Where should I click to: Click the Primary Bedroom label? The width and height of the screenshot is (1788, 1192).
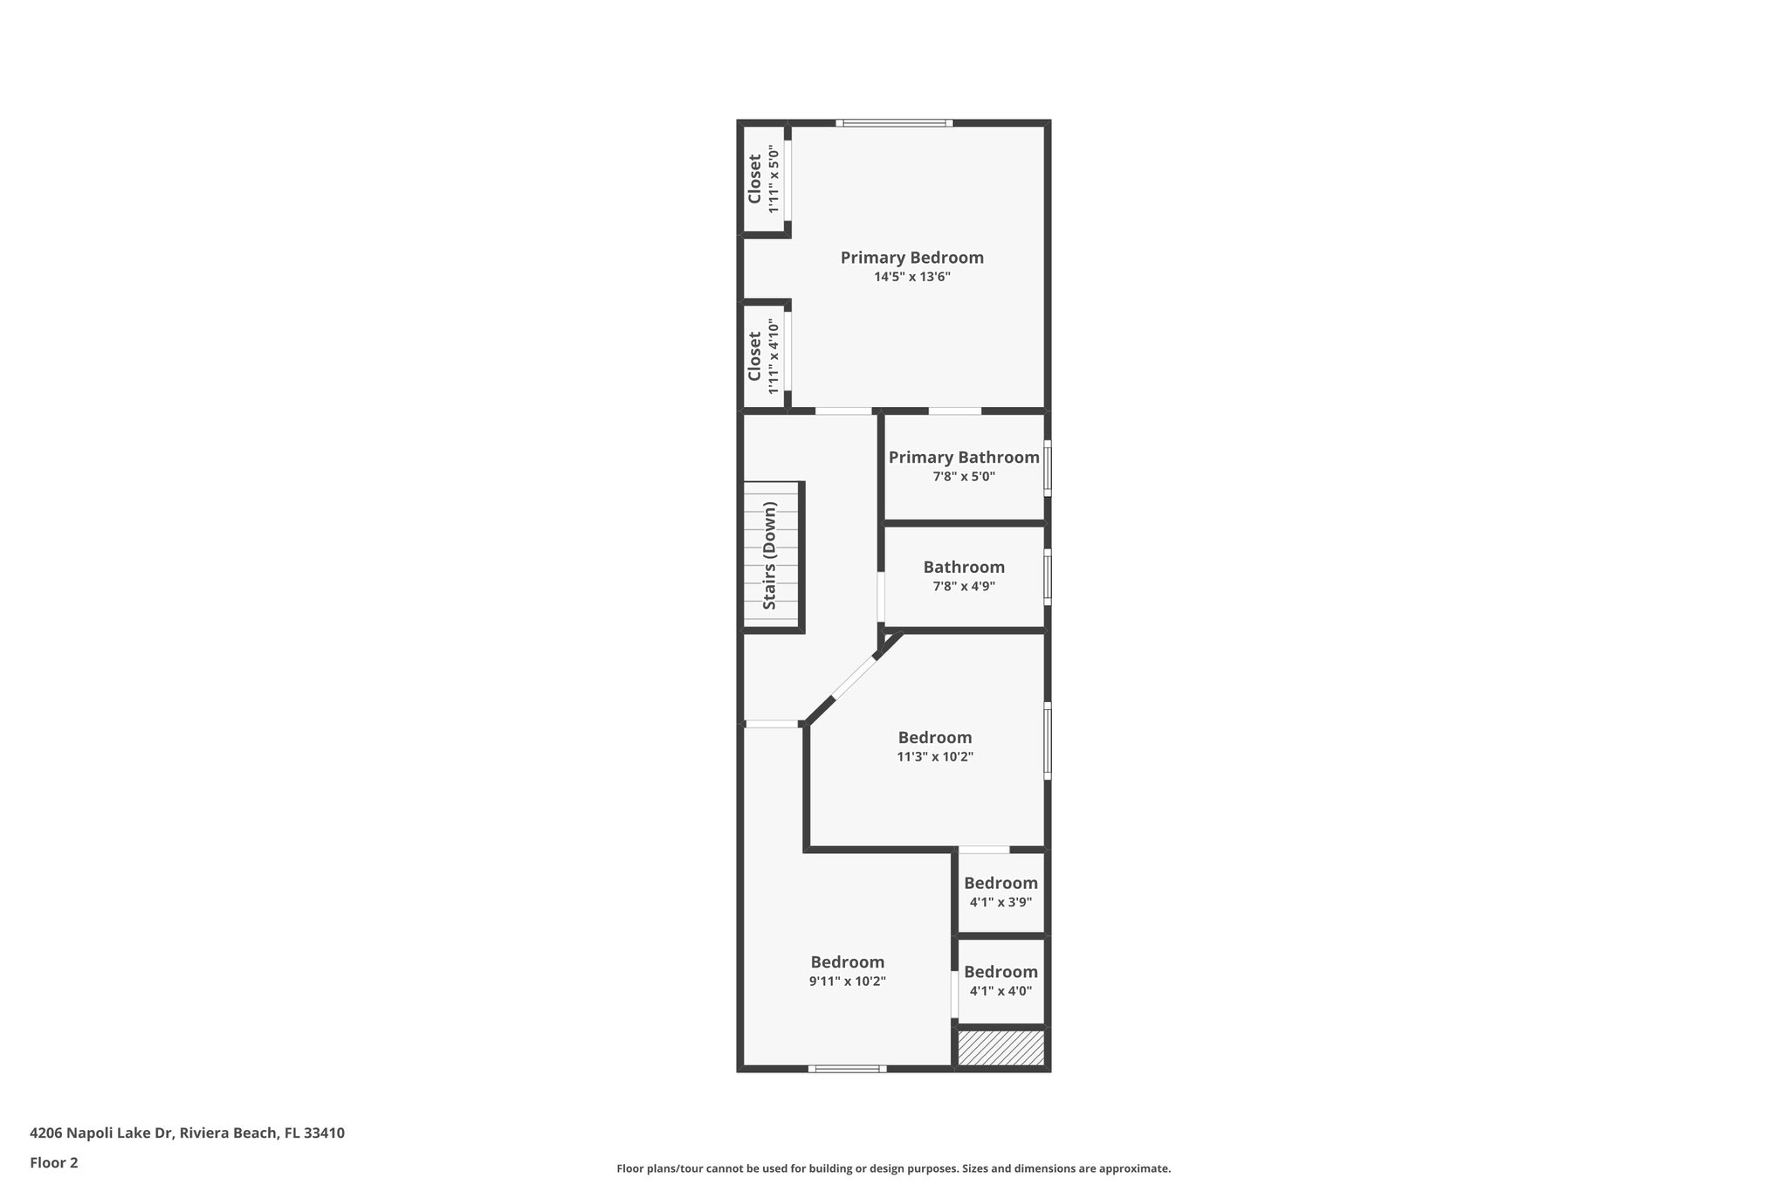pyautogui.click(x=911, y=258)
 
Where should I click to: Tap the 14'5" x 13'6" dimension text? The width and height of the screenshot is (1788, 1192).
pyautogui.click(x=911, y=277)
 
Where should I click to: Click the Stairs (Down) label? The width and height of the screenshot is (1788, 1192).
pyautogui.click(x=770, y=555)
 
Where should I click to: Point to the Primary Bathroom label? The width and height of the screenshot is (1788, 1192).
pyautogui.click(x=964, y=458)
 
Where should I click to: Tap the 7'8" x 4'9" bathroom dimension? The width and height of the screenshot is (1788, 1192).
pyautogui.click(x=964, y=586)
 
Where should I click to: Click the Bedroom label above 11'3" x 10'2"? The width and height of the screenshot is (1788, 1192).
pyautogui.click(x=935, y=738)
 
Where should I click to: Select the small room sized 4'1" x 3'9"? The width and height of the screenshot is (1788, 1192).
pyautogui.click(x=1001, y=892)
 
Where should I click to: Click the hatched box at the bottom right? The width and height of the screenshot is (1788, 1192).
pyautogui.click(x=1001, y=1048)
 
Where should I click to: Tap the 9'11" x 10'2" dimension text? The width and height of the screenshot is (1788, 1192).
pyautogui.click(x=847, y=982)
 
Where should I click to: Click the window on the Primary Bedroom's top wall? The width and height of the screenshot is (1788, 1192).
pyautogui.click(x=894, y=123)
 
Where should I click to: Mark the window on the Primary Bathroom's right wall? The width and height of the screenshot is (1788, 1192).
pyautogui.click(x=1048, y=468)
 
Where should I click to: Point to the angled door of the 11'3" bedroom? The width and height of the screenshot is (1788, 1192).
pyautogui.click(x=853, y=678)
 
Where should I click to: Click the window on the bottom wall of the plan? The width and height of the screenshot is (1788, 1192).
pyautogui.click(x=847, y=1068)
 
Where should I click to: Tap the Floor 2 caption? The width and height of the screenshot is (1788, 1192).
pyautogui.click(x=54, y=1163)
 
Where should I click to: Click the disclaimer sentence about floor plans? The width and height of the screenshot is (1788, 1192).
pyautogui.click(x=893, y=1168)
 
